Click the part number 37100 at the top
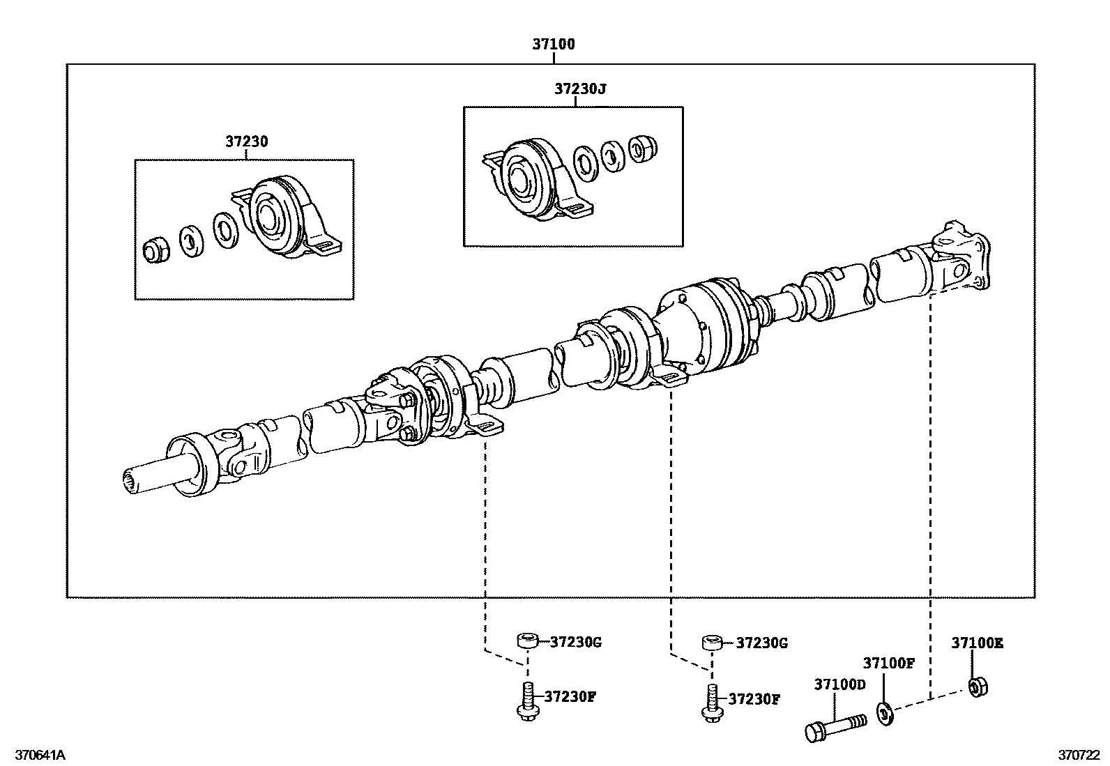coord(554,45)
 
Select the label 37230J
coord(580,89)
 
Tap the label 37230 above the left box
coord(246,141)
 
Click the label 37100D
coord(839,684)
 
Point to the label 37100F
coord(888,663)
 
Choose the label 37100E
coord(977,643)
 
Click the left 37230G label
coord(575,642)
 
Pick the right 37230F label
coord(754,698)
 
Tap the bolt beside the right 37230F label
coord(710,702)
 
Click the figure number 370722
coord(1079,755)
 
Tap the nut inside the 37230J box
coord(644,148)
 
